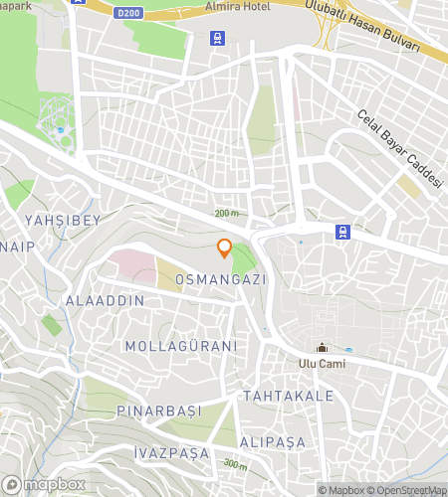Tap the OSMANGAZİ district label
221,280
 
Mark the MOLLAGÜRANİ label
181,346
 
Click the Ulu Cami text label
322,364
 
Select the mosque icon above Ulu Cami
322,348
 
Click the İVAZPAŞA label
171,452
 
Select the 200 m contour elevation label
227,214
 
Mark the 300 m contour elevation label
235,464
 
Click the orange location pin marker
225,248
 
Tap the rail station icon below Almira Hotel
217,39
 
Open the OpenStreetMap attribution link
409,490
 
